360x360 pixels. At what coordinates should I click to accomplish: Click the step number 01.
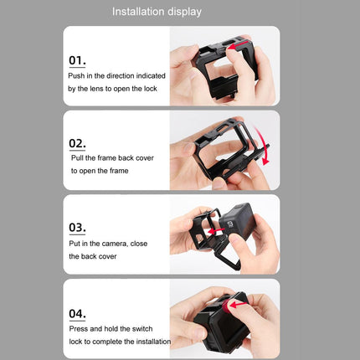tap(77, 60)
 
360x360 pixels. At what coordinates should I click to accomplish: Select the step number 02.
tap(77, 143)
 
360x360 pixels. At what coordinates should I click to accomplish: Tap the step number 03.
tap(77, 227)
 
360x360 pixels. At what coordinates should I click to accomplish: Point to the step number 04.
tap(77, 313)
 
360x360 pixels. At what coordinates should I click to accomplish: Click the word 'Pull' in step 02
tap(78, 158)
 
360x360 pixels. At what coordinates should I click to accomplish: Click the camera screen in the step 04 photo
tap(215, 337)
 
